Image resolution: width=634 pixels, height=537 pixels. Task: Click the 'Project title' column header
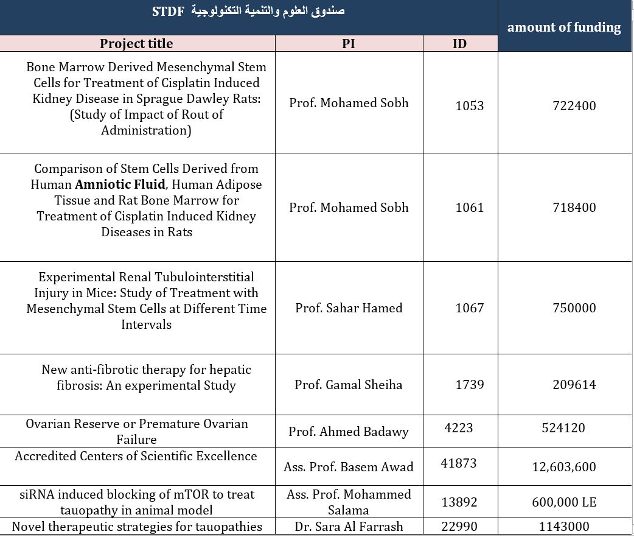pyautogui.click(x=136, y=44)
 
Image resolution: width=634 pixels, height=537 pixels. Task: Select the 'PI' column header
pyautogui.click(x=349, y=44)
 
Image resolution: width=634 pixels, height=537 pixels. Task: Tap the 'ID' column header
pyautogui.click(x=460, y=44)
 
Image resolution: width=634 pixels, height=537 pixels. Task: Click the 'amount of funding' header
pyautogui.click(x=564, y=27)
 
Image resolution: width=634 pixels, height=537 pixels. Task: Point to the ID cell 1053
pyautogui.click(x=470, y=106)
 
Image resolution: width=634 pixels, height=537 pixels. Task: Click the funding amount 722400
pyautogui.click(x=574, y=106)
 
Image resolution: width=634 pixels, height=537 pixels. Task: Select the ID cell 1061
pyautogui.click(x=470, y=208)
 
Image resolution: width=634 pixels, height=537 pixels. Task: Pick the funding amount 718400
pyautogui.click(x=574, y=208)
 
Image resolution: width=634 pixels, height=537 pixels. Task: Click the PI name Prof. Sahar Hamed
pyautogui.click(x=349, y=308)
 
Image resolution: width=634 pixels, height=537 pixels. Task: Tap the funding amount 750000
pyautogui.click(x=574, y=308)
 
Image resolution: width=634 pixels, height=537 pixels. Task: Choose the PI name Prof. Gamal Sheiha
pyautogui.click(x=349, y=385)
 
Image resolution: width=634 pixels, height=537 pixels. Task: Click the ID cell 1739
pyautogui.click(x=470, y=385)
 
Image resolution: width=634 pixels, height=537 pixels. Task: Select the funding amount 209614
pyautogui.click(x=574, y=385)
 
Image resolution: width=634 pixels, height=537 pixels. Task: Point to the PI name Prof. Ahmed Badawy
pyautogui.click(x=349, y=432)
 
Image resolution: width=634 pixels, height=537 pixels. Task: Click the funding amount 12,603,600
pyautogui.click(x=564, y=467)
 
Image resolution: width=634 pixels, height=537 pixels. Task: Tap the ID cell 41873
pyautogui.click(x=459, y=463)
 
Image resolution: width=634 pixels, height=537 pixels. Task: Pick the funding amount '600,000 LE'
pyautogui.click(x=564, y=502)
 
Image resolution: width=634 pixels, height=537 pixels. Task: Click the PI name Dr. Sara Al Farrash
pyautogui.click(x=349, y=527)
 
